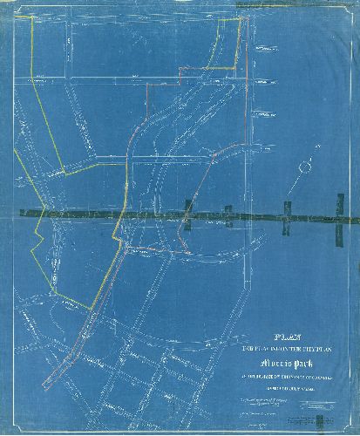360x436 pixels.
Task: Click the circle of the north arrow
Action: click(304, 164)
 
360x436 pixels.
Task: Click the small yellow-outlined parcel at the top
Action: click(222, 35)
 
